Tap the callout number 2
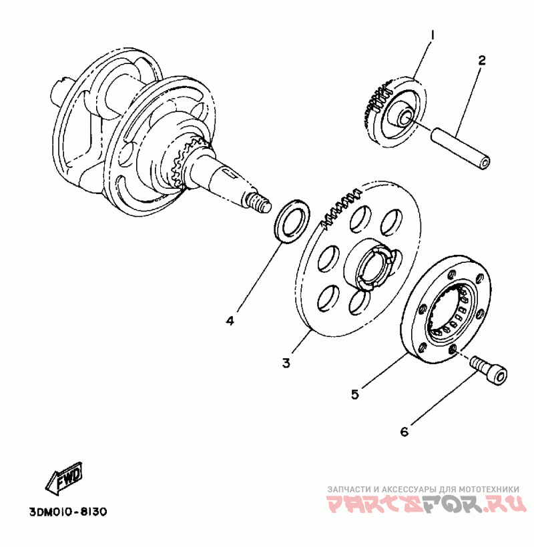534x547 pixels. click(x=481, y=60)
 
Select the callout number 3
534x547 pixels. click(x=286, y=363)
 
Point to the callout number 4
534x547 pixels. click(x=230, y=321)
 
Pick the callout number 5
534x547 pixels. click(x=355, y=394)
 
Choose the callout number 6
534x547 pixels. click(x=404, y=432)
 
